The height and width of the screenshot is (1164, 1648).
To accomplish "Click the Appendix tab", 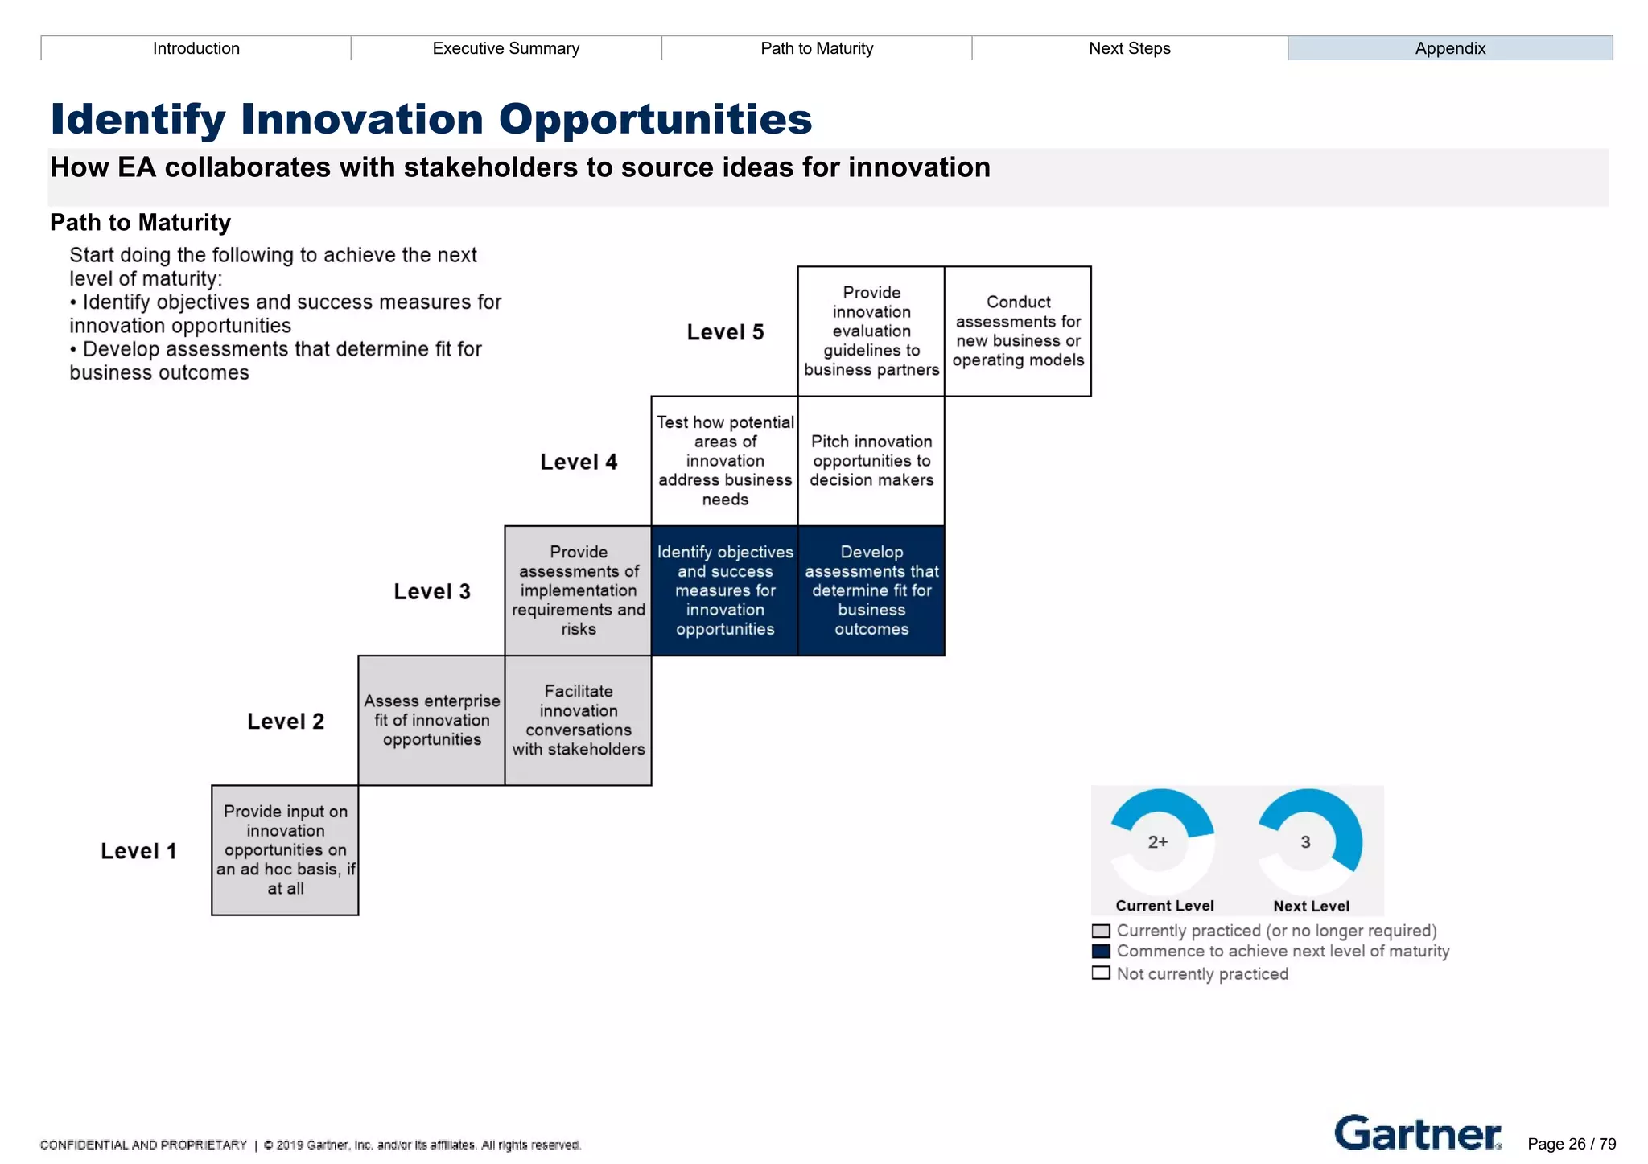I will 1449,48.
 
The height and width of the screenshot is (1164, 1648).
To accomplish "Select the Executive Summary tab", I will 505,48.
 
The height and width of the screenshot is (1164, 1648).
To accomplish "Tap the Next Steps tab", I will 1129,48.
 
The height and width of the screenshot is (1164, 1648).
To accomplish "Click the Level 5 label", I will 724,332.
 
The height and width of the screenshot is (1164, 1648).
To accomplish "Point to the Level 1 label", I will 138,851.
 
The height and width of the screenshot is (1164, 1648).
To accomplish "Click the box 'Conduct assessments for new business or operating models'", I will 1017,331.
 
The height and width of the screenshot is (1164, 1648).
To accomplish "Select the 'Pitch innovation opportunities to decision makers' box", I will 871,461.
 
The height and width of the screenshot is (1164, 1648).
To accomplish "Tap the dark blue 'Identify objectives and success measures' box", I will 724,590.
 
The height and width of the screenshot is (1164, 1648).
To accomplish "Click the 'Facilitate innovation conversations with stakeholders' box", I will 578,720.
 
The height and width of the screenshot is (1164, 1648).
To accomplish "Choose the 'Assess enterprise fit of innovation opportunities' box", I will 431,720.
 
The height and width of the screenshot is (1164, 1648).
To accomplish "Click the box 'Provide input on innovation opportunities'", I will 285,850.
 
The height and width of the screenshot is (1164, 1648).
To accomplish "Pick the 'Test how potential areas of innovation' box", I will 724,461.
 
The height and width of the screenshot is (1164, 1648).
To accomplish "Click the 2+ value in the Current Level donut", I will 1158,842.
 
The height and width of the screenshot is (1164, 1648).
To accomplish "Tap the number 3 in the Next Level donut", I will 1305,842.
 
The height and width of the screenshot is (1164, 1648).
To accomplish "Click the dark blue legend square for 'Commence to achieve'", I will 1101,952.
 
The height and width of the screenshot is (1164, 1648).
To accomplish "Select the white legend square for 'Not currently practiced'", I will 1101,973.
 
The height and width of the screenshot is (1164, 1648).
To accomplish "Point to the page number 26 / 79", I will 1572,1144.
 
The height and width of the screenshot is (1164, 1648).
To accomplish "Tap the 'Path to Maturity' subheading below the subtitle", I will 140,222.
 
